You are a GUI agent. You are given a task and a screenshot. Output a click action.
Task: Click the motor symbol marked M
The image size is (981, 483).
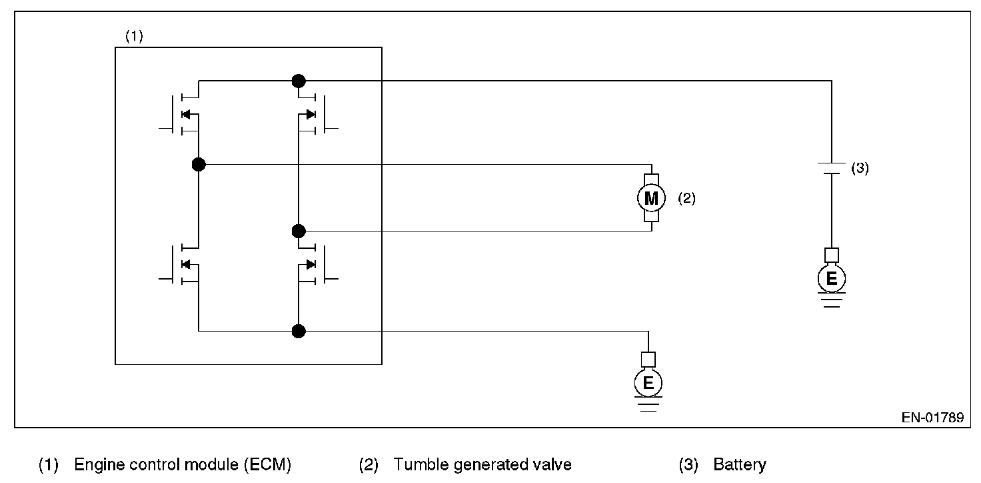click(x=651, y=197)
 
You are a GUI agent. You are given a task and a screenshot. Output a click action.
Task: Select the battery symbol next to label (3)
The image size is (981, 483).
click(x=831, y=167)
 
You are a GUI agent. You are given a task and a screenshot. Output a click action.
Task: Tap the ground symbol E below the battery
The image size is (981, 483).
click(x=831, y=280)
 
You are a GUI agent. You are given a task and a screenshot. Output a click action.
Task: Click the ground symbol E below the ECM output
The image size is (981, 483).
click(x=648, y=383)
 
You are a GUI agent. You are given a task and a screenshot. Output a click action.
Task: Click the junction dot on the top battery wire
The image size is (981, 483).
click(x=299, y=81)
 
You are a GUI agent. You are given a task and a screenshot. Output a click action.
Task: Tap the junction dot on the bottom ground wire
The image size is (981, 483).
click(x=299, y=330)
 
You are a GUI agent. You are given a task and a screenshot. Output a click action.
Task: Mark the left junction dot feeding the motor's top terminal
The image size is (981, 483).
click(x=198, y=164)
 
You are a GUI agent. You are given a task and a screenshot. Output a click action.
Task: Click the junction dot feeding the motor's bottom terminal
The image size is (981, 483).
click(x=299, y=231)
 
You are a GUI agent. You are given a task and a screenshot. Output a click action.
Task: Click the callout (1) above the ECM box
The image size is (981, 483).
click(x=134, y=37)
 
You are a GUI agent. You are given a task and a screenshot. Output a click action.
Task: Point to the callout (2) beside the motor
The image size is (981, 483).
click(x=686, y=198)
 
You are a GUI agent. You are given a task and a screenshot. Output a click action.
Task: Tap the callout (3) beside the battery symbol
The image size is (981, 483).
click(x=860, y=169)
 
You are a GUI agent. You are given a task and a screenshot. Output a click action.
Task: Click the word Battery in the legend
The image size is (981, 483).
click(x=739, y=464)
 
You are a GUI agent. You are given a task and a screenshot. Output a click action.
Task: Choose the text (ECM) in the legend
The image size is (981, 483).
click(x=269, y=464)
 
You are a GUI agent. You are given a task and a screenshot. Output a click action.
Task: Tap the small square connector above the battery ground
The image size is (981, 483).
click(x=831, y=255)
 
